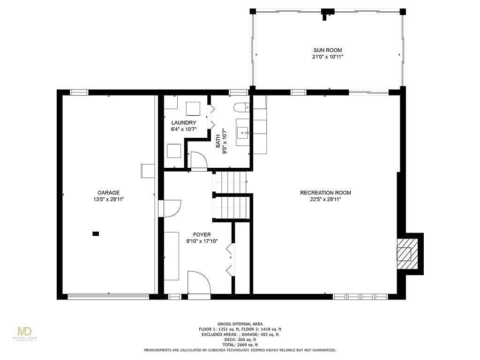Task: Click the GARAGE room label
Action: click(x=108, y=193)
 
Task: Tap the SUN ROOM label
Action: click(x=328, y=50)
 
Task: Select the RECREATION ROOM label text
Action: click(x=325, y=193)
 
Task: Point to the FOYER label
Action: click(x=202, y=234)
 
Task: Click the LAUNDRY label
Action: click(x=184, y=123)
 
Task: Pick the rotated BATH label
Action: click(x=218, y=141)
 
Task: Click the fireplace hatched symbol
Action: click(x=407, y=254)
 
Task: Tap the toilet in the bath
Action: click(x=241, y=107)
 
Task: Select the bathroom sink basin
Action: click(x=243, y=133)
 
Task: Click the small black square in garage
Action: click(x=96, y=234)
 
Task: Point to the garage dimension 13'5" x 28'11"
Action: click(x=108, y=199)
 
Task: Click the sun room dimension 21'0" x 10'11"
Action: click(x=328, y=57)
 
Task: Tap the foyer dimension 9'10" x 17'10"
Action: click(x=202, y=241)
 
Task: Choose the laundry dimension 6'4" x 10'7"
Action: click(x=184, y=129)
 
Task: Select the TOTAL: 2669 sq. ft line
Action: click(x=240, y=345)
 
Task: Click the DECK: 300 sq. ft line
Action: click(x=240, y=339)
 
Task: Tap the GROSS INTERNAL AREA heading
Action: click(x=240, y=324)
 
